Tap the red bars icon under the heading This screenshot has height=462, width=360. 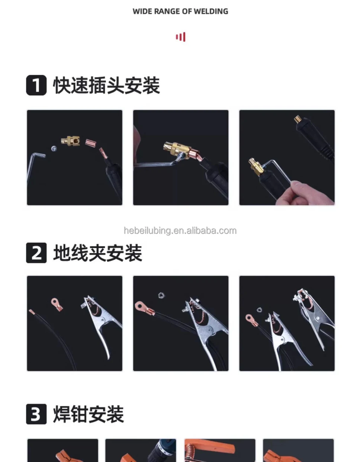click(x=180, y=37)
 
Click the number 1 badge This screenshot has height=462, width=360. click(x=36, y=85)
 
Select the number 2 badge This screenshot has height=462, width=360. click(x=36, y=253)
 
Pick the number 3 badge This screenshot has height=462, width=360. click(x=36, y=414)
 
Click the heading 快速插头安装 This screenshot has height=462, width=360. click(x=106, y=85)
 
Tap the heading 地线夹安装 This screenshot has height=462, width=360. click(x=97, y=253)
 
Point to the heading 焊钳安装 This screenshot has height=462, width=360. click(x=89, y=414)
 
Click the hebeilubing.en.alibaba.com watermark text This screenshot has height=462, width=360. click(x=180, y=231)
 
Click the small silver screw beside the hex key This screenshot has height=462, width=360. click(x=54, y=148)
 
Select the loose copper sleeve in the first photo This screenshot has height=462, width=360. click(x=90, y=142)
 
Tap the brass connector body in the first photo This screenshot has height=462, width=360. click(x=70, y=141)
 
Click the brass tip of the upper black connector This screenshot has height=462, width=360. click(x=298, y=119)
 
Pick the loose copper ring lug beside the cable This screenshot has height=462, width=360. click(x=57, y=304)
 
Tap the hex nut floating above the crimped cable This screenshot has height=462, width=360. click(x=161, y=295)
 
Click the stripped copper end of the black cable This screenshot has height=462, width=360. click(x=32, y=312)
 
